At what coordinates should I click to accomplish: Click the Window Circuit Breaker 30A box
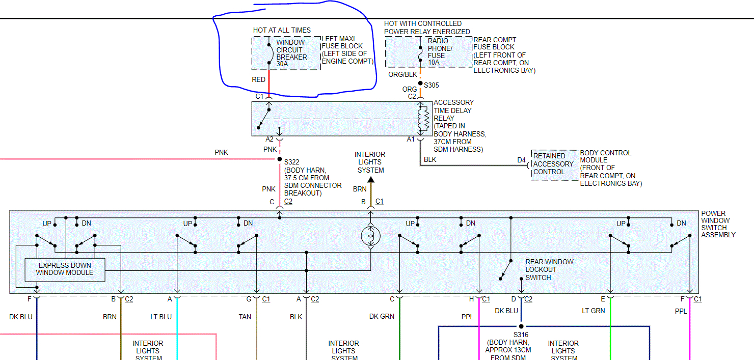click(286, 53)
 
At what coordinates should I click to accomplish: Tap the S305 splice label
click(430, 85)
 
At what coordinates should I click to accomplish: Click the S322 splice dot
click(279, 159)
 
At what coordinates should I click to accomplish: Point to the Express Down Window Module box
click(65, 269)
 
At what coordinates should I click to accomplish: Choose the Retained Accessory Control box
click(554, 164)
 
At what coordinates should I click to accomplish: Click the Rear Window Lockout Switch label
click(549, 269)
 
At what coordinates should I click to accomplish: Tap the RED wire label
click(259, 79)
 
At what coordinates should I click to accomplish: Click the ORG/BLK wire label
click(402, 74)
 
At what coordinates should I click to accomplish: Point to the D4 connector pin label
click(521, 160)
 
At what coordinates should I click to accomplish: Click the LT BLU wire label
click(161, 317)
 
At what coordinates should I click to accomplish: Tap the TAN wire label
click(245, 317)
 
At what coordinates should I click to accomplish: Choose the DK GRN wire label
click(382, 317)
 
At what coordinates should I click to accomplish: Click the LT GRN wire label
click(594, 311)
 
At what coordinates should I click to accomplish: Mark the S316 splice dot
click(521, 326)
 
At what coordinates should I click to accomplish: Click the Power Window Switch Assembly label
click(718, 224)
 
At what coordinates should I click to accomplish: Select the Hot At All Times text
click(282, 30)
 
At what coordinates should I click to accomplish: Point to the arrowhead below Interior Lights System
click(370, 179)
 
